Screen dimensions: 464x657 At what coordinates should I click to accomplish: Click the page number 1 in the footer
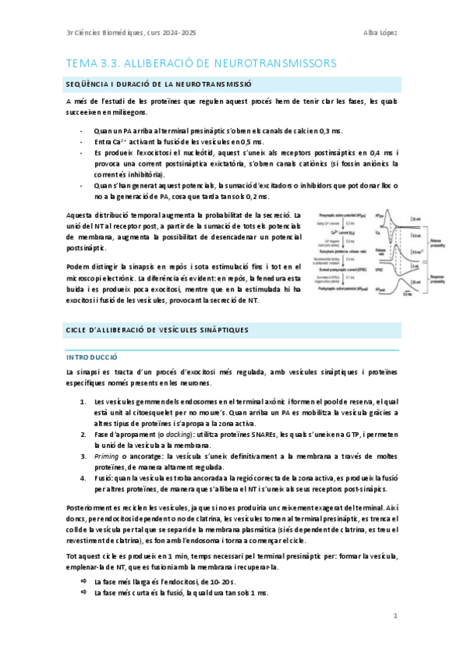pos(395,616)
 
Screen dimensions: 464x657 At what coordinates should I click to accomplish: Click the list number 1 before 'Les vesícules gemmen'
pos(83,401)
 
